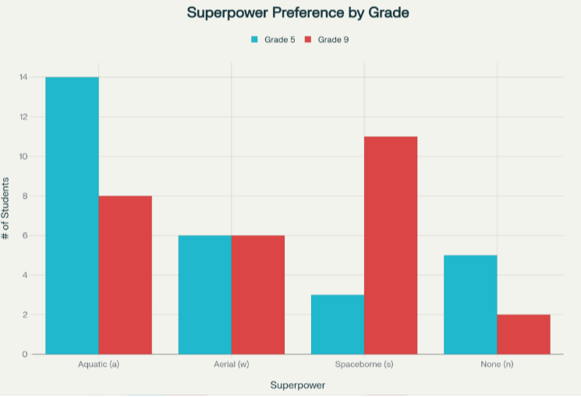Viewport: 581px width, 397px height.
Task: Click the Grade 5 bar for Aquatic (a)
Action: (x=73, y=216)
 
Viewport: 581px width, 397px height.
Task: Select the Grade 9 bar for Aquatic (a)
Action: (x=126, y=275)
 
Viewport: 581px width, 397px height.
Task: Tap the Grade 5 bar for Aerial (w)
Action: (x=205, y=295)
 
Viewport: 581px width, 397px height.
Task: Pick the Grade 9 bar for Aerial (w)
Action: (x=258, y=295)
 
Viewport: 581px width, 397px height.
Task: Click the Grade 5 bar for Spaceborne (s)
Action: (x=338, y=325)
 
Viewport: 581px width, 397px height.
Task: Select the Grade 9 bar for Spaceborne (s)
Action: (x=391, y=245)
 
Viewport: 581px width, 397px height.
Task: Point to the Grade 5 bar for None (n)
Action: (x=470, y=305)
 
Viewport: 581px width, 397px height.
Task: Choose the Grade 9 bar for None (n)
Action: (x=523, y=335)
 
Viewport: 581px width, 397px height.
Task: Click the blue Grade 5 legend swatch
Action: (x=254, y=40)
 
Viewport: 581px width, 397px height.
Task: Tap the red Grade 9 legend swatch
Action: (x=308, y=40)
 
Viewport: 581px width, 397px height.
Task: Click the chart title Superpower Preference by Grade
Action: (x=298, y=12)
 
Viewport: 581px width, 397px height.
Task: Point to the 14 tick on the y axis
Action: (x=23, y=77)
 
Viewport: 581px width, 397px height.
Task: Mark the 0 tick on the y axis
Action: (x=25, y=354)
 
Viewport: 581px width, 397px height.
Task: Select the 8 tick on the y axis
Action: (x=25, y=195)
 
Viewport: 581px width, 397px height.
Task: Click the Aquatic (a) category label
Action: (x=98, y=364)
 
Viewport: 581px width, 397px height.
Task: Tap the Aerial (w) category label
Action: (x=232, y=364)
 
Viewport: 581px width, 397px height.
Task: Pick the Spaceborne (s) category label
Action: (x=364, y=364)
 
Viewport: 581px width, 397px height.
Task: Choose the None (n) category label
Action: (x=498, y=364)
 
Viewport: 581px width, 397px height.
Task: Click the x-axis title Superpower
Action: (x=298, y=385)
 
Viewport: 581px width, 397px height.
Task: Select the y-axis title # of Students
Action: (x=5, y=209)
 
